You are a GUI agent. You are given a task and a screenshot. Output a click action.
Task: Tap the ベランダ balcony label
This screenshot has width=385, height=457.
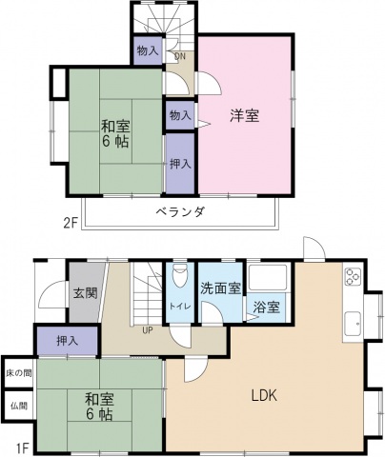[179, 211]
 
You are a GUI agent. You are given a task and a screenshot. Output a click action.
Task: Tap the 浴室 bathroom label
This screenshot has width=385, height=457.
[266, 308]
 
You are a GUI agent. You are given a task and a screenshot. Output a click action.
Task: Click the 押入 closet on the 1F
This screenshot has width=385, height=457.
[67, 339]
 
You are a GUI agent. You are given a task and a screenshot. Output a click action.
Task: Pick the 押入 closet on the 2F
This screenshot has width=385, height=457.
[180, 163]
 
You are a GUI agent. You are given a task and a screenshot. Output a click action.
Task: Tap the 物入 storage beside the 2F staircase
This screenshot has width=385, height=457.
[147, 50]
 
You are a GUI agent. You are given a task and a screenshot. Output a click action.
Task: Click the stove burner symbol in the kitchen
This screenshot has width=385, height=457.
[350, 278]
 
